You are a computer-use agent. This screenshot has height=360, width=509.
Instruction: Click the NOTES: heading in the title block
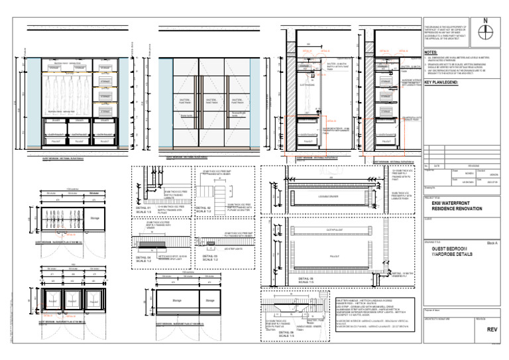pyautogui.click(x=431, y=51)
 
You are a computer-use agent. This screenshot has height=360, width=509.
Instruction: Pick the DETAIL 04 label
pyautogui.click(x=144, y=258)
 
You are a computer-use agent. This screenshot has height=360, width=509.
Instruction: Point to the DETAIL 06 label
pyautogui.click(x=286, y=333)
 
